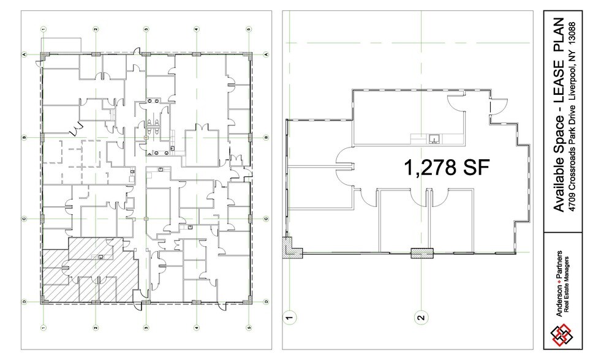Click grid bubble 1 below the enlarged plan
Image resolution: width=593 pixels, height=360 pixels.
(x=289, y=317)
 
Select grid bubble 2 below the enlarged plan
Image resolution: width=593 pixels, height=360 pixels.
(x=420, y=317)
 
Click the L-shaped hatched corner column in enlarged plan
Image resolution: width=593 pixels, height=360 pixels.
(x=289, y=248)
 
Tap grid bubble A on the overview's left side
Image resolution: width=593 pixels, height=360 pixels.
(x=24, y=54)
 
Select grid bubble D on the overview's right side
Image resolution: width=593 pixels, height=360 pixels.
(x=266, y=301)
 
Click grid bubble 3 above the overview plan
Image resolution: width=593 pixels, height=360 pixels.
(x=146, y=29)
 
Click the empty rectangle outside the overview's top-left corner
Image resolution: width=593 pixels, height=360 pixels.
(x=61, y=45)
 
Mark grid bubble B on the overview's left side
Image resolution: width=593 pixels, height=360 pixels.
(x=24, y=137)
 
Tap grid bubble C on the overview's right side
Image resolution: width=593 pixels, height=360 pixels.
(x=266, y=218)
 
